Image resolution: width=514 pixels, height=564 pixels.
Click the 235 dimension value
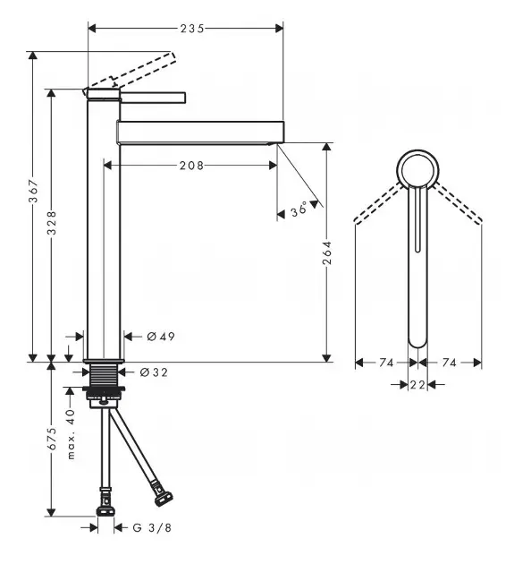point(192,29)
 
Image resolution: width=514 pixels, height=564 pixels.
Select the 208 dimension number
point(191,166)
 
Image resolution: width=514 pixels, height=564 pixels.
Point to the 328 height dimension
point(52,223)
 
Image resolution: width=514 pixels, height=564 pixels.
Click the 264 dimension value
point(327,252)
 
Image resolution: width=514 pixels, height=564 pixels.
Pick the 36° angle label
point(299,209)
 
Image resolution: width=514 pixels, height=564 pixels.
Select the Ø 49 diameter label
point(161,337)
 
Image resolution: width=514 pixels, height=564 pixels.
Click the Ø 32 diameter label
point(154,372)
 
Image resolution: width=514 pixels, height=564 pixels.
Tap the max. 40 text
point(72,434)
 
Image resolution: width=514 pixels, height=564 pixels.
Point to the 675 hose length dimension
point(52,439)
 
